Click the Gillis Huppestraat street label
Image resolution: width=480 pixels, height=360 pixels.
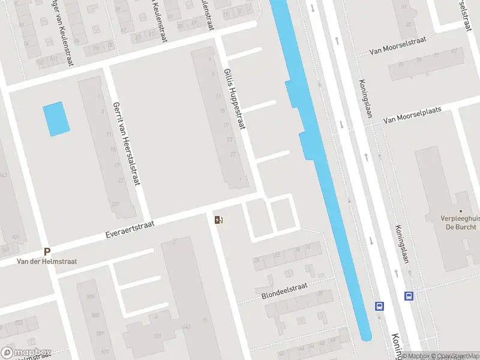pos(235,99)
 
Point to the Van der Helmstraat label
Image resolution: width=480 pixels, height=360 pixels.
pos(46,262)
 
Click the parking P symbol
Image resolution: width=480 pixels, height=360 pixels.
pos(47,252)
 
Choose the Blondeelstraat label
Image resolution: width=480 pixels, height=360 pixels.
pos(284,291)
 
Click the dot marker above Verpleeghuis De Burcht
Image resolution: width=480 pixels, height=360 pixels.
pos(461,211)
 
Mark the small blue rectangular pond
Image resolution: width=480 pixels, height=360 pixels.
pos(56,118)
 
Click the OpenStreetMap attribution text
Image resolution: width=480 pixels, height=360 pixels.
pos(459,356)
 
